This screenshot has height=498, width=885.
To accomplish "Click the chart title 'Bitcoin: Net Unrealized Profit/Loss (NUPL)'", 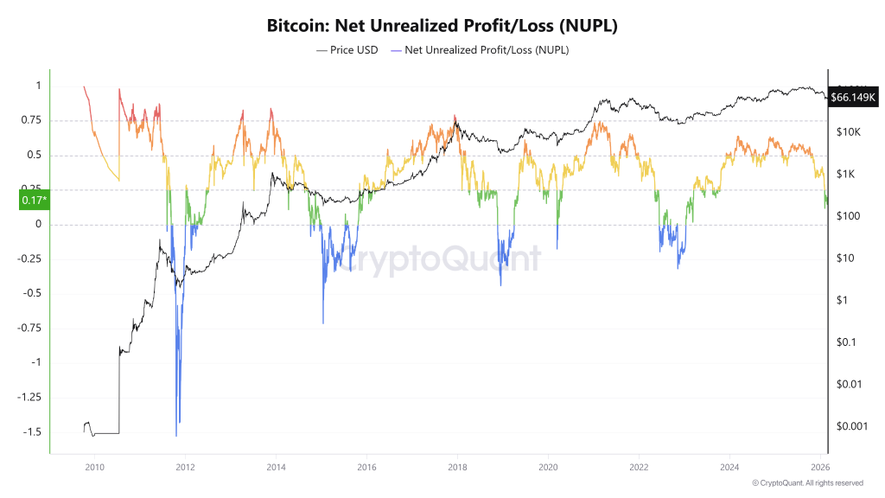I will coord(442,26).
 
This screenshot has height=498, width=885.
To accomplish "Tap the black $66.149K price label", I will coord(853,97).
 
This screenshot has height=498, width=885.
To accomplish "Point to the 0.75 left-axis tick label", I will coord(30,121).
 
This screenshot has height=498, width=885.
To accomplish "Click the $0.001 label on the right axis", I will coord(852,426).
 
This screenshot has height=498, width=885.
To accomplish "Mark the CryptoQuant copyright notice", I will coord(807,482).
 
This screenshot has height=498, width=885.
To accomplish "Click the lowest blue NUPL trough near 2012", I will coord(176,435).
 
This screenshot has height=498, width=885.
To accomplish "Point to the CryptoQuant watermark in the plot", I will coord(439,259).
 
